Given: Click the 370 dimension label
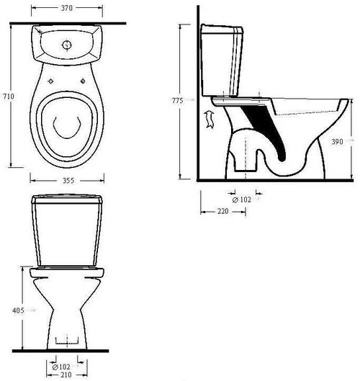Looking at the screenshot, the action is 66,8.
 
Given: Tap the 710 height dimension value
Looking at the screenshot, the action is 9,97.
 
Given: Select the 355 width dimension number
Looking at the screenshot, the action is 68,181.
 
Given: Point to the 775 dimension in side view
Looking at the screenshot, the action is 177,100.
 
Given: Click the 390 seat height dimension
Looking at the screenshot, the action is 338,141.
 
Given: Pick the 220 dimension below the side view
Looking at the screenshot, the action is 222,211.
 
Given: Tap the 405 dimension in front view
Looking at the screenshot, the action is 18,310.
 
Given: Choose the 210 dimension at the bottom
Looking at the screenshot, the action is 66,375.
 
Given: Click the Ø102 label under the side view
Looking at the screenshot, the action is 241,200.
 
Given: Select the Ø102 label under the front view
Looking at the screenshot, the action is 61,367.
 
